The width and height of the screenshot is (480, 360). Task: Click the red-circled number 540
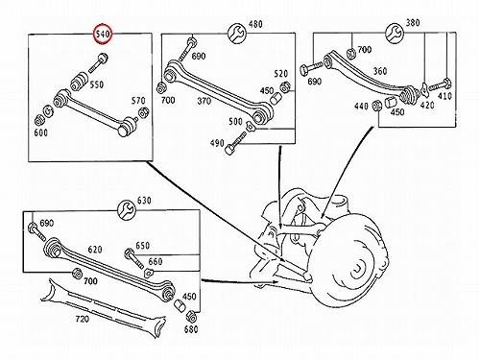coord(103,34)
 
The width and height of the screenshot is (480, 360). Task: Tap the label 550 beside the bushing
coord(97,84)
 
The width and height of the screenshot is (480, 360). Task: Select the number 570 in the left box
coord(138,101)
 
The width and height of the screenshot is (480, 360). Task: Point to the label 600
coord(40,132)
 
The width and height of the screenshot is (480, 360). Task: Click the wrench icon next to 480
coord(237,33)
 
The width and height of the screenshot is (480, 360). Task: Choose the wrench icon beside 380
coord(395,33)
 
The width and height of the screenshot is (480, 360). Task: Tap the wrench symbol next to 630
coord(127,210)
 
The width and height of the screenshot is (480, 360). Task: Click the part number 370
coord(204,101)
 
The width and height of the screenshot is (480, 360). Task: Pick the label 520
coord(280,74)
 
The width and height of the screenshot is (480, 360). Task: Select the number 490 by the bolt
coord(217,143)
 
